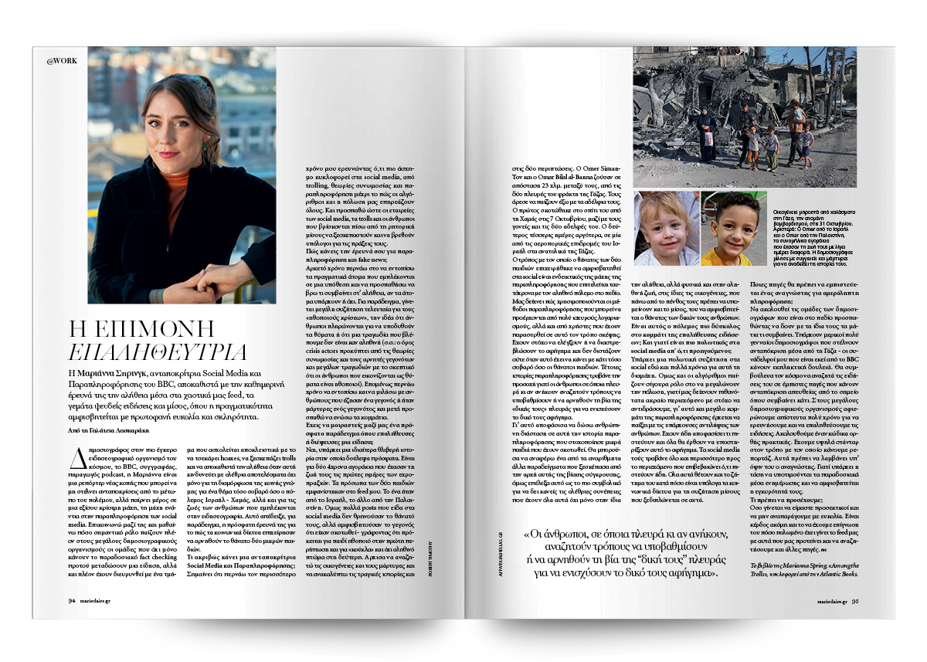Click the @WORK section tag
click(61, 60)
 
